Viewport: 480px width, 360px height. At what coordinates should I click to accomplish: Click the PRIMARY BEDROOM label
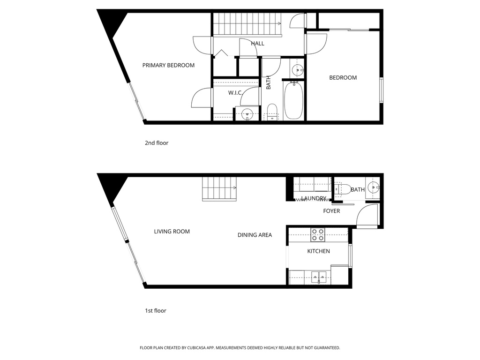click(168, 65)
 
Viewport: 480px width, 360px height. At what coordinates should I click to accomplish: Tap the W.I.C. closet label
click(235, 93)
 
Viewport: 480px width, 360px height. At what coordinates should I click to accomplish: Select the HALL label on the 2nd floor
click(257, 43)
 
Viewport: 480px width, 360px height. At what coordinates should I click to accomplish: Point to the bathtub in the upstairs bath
click(293, 100)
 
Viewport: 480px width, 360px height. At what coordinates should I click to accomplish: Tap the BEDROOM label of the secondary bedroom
click(343, 77)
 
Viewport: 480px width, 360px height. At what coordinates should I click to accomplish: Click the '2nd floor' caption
click(157, 143)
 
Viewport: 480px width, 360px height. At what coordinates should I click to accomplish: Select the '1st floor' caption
click(156, 310)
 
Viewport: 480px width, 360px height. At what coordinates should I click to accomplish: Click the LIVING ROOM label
click(172, 231)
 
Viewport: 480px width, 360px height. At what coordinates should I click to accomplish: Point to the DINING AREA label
click(255, 235)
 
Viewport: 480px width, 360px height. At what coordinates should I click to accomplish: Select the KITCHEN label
click(318, 251)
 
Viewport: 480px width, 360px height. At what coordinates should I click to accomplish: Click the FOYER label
click(331, 211)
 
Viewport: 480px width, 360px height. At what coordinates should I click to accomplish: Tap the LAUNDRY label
click(314, 198)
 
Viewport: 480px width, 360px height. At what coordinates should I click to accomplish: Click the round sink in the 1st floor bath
click(374, 188)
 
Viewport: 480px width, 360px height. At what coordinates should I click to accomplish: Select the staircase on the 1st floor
click(219, 189)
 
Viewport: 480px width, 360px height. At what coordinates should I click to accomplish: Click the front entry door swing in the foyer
click(367, 216)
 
